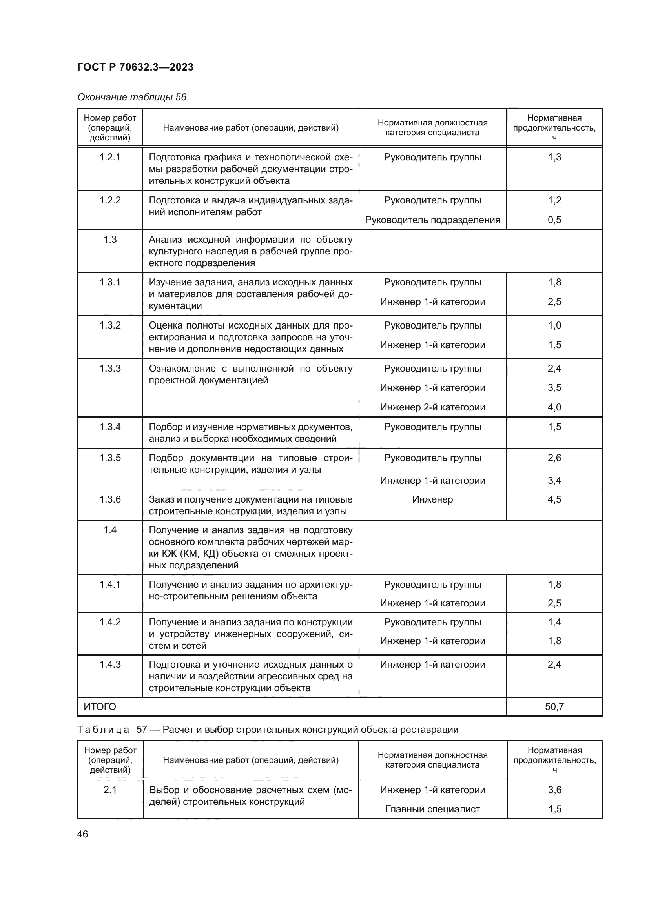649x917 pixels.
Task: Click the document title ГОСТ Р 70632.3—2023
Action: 135,67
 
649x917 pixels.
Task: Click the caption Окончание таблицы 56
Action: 131,97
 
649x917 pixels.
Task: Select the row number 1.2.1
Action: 110,157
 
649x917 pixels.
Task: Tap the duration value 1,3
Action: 554,157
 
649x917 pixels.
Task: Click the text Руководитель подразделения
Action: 432,220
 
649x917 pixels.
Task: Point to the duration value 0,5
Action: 554,220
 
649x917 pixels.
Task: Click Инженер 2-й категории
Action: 432,407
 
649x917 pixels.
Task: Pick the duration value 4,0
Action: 554,407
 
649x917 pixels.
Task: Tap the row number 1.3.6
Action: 110,499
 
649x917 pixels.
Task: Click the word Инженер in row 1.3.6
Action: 432,499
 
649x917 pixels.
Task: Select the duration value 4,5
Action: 554,499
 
